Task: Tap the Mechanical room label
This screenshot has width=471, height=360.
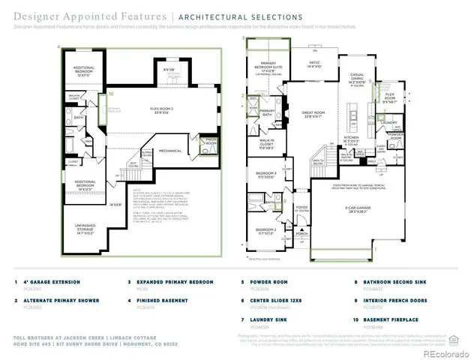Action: tap(169, 150)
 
